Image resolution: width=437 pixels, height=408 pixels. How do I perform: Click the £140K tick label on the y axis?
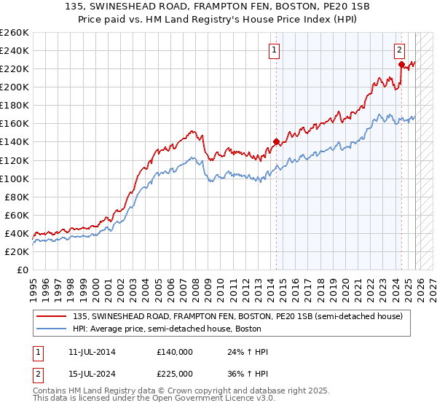[x=15, y=142]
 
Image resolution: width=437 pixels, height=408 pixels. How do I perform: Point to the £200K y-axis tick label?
[x=15, y=87]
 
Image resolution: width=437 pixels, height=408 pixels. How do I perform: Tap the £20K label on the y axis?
[x=17, y=251]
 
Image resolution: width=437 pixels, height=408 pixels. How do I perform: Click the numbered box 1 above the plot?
[x=275, y=50]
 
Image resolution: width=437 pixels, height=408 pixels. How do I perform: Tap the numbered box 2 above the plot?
[x=400, y=50]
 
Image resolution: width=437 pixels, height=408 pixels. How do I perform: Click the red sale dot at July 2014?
[x=276, y=141]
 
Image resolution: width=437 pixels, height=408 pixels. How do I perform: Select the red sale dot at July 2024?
[x=401, y=64]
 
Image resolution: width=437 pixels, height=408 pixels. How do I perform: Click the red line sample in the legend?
[x=52, y=315]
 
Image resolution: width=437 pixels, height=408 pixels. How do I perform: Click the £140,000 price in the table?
[x=174, y=352]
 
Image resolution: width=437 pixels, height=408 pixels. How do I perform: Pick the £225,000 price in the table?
[x=174, y=373]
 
